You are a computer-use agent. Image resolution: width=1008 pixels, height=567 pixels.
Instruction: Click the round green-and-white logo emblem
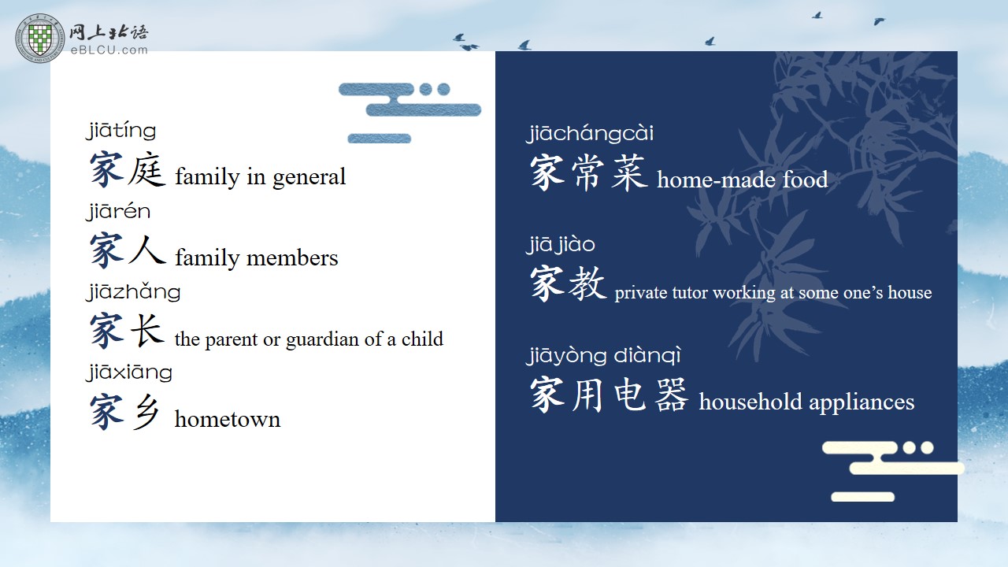[40, 38]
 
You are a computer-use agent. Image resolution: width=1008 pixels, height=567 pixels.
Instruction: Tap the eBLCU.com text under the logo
[109, 50]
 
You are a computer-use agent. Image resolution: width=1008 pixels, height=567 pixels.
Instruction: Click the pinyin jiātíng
[121, 131]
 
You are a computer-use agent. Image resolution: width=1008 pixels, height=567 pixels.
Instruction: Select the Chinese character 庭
[146, 169]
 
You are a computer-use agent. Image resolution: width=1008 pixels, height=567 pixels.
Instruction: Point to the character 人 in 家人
[146, 249]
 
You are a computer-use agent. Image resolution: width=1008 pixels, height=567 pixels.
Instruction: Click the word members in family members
[292, 258]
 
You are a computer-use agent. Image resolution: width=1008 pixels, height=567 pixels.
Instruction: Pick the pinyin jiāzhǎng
[133, 291]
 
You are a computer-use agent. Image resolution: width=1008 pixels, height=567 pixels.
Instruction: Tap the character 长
[146, 330]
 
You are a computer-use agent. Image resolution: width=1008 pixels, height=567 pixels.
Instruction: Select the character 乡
[146, 411]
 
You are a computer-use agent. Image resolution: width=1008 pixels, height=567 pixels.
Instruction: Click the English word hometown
[228, 420]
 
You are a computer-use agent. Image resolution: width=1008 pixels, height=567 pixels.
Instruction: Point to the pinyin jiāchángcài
[590, 134]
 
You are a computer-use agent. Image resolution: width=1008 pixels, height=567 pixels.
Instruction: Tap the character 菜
[629, 172]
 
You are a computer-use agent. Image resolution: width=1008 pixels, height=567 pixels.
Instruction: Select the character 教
[587, 283]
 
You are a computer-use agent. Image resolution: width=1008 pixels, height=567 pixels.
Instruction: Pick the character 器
[671, 395]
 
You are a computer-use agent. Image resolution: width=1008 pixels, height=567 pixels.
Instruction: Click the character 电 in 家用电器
[630, 395]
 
